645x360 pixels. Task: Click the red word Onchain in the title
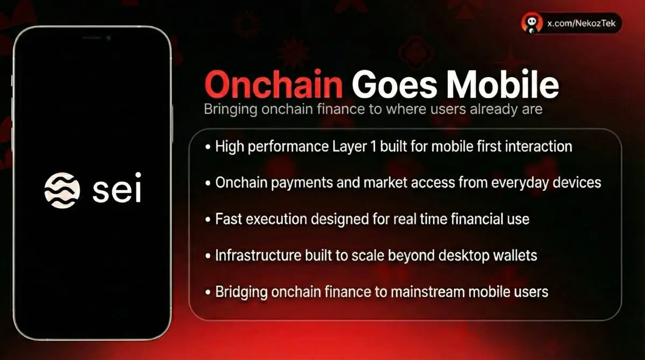pyautogui.click(x=274, y=84)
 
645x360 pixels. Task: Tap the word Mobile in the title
pyautogui.click(x=503, y=84)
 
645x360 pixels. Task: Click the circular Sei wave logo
pyautogui.click(x=62, y=190)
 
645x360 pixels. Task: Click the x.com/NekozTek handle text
pyautogui.click(x=582, y=23)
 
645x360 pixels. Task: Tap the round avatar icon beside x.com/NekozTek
pyautogui.click(x=532, y=23)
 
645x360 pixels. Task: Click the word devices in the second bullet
pyautogui.click(x=577, y=183)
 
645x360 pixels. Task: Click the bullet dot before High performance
pyautogui.click(x=208, y=147)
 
